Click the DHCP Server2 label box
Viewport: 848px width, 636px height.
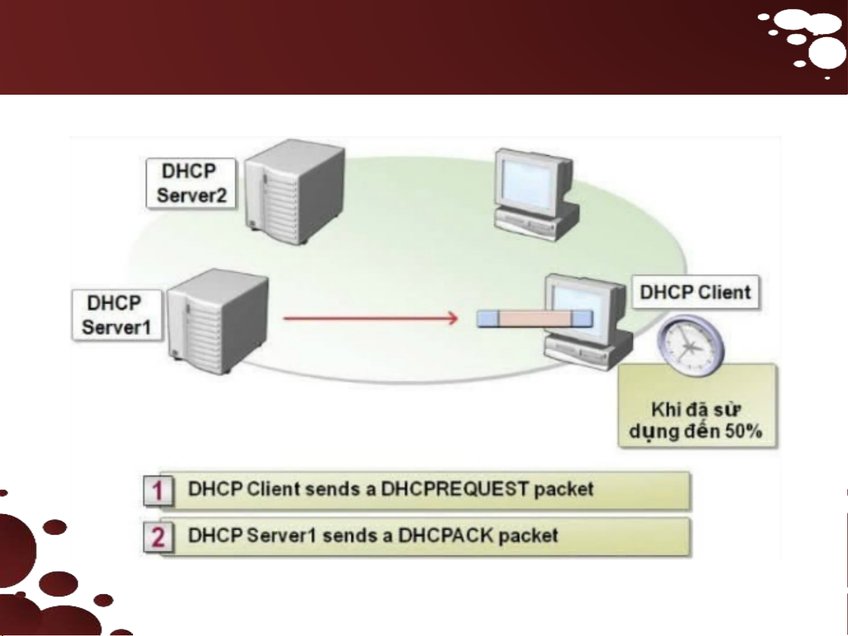tap(191, 183)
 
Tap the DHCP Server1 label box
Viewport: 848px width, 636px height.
tap(117, 315)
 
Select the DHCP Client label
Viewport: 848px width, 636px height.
tap(695, 292)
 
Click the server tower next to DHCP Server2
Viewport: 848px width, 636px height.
tap(294, 192)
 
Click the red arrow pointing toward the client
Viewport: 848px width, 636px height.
tap(370, 319)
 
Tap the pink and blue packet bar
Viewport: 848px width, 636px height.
tap(534, 318)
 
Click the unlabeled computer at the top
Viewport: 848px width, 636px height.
tap(533, 194)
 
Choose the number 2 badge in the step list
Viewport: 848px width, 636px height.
tap(158, 537)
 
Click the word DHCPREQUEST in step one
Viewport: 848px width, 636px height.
tap(455, 489)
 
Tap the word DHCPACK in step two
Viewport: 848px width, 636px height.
tap(445, 535)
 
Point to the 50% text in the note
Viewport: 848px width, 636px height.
tap(744, 431)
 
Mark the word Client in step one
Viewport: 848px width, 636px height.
tap(273, 489)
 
